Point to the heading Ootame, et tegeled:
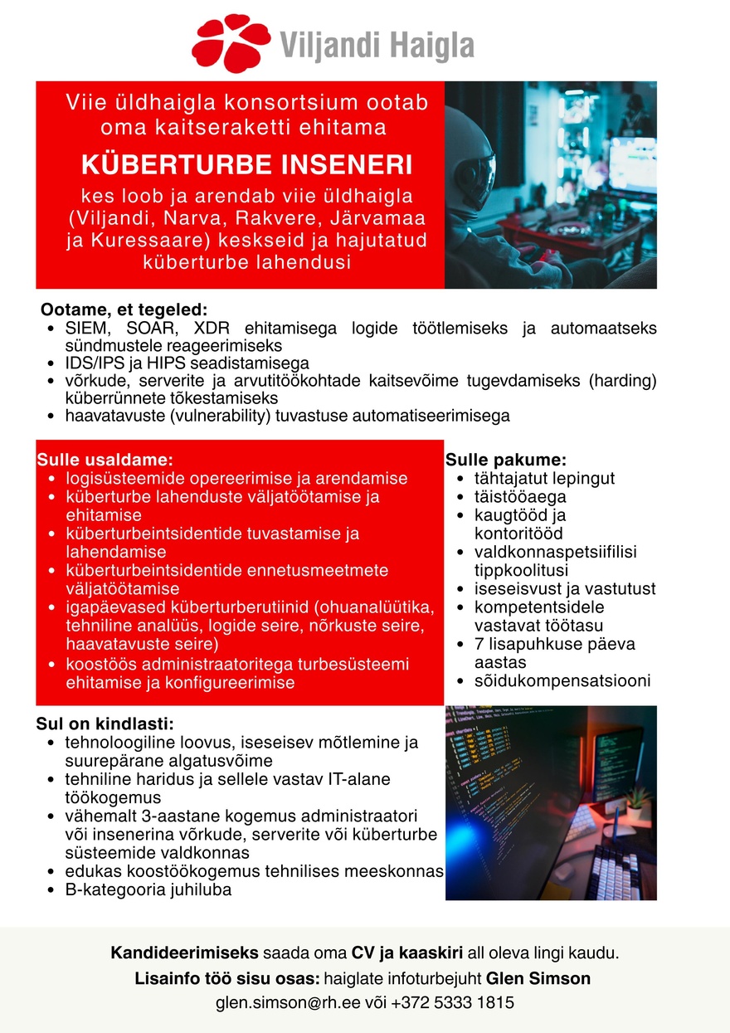coord(124,309)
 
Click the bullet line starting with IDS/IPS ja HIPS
coord(187,363)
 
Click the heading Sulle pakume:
coord(506,460)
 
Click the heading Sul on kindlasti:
coord(105,723)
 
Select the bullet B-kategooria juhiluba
coord(148,889)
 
